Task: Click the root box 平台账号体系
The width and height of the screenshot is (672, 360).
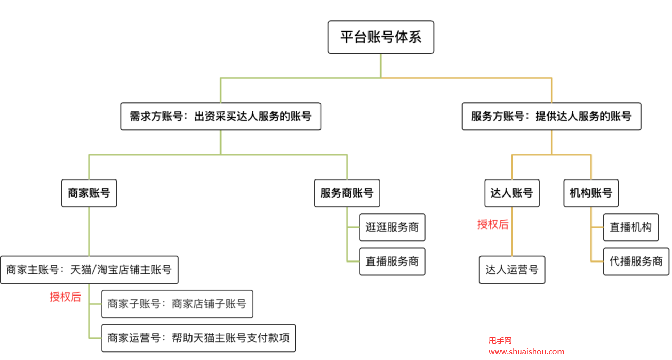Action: (380, 37)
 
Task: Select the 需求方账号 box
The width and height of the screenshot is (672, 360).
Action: (220, 117)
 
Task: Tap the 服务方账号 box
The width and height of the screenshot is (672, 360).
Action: (551, 117)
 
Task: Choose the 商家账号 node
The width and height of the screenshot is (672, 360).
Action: (89, 193)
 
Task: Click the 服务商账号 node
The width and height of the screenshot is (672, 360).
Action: (347, 193)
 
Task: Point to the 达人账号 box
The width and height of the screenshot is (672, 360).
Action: (511, 193)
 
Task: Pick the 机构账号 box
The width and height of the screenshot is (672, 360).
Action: (590, 193)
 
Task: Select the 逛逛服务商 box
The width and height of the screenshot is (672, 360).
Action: (392, 227)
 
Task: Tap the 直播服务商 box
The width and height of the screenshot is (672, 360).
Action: (392, 261)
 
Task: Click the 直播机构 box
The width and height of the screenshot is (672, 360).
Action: (631, 227)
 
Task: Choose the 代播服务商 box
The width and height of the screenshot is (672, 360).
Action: (636, 261)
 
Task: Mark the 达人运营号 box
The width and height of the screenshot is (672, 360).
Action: (511, 270)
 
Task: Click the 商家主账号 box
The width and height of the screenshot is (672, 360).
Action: (89, 270)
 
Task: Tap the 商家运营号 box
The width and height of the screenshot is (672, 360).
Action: (198, 338)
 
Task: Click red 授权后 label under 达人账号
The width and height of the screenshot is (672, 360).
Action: (493, 224)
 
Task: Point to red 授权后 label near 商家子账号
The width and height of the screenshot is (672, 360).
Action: (65, 297)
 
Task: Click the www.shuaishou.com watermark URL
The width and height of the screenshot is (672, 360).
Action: (526, 352)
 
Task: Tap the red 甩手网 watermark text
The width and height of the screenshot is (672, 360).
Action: (500, 341)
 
